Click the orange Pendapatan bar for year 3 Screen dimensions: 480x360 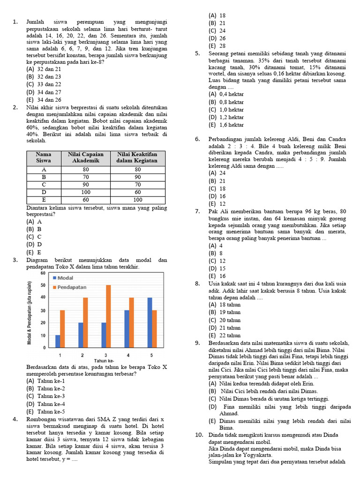[108, 316]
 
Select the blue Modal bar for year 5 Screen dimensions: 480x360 [150, 322]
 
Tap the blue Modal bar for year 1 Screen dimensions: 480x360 [57, 341]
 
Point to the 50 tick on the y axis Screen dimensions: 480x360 [43, 285]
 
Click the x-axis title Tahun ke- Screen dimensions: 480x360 [104, 360]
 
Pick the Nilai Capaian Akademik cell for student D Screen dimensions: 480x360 [86, 192]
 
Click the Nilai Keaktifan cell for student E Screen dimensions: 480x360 [137, 200]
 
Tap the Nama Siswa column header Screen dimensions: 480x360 [44, 157]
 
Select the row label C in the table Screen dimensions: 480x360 [44, 185]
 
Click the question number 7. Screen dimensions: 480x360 [197, 212]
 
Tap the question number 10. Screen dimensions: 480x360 [199, 435]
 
